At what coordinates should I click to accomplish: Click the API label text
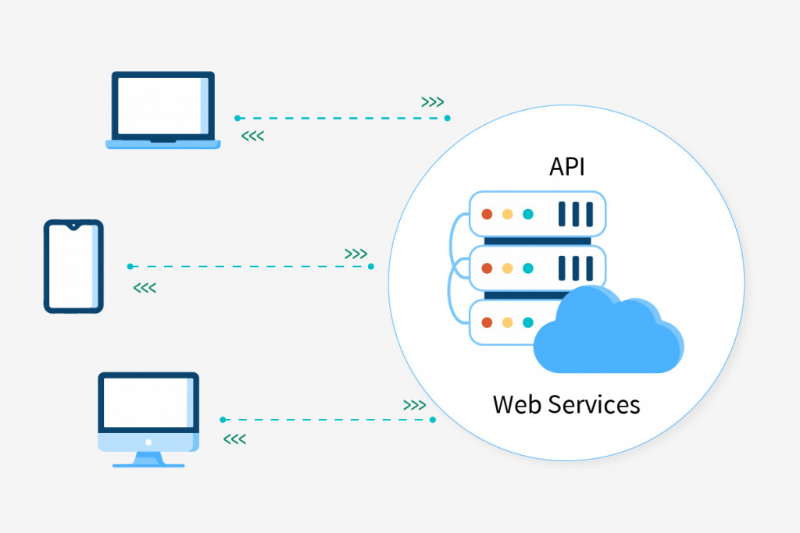point(566,167)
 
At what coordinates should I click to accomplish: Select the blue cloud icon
point(608,329)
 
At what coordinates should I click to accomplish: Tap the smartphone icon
point(73,266)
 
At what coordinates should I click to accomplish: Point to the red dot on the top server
point(487,214)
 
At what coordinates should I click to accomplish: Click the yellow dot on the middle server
point(507,268)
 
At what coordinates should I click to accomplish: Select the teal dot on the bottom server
point(528,322)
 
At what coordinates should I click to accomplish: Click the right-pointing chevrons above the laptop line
point(433,102)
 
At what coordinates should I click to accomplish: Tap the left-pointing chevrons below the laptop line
point(252,136)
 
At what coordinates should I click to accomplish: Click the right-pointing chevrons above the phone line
point(356,254)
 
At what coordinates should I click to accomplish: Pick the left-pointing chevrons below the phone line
point(145,289)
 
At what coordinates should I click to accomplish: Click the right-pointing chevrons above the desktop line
point(414,405)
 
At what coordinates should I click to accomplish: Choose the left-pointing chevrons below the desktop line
point(234,439)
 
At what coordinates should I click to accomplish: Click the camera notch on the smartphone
point(73,226)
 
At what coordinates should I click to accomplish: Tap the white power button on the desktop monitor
point(148,442)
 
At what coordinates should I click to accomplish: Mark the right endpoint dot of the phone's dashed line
point(371,267)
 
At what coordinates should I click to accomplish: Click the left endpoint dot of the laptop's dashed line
point(237,118)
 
